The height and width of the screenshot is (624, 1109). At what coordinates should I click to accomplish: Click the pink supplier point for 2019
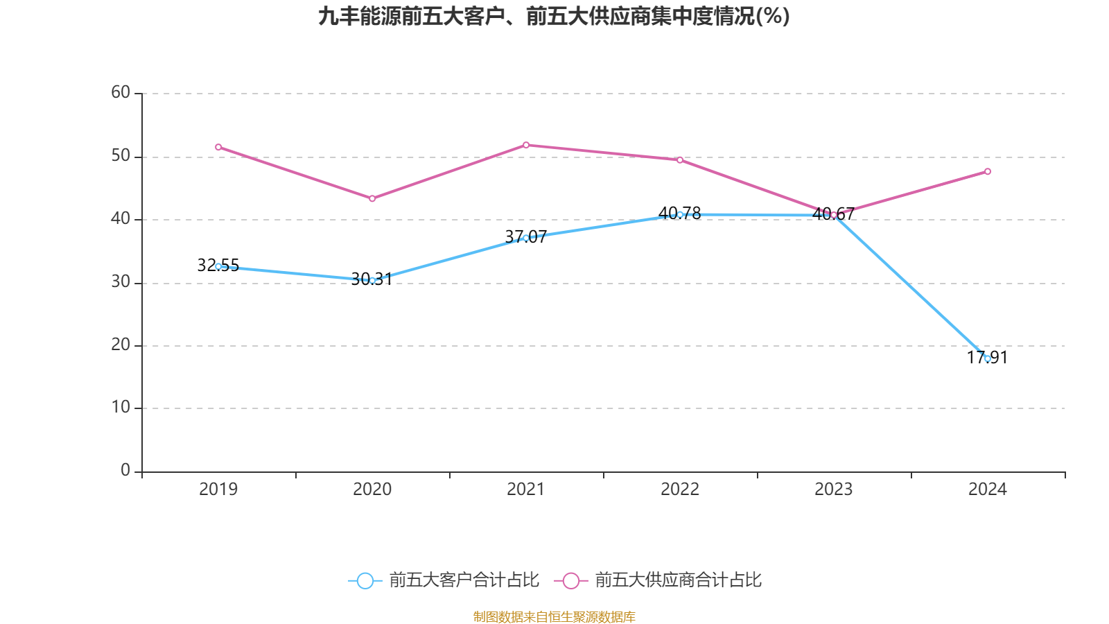click(x=218, y=147)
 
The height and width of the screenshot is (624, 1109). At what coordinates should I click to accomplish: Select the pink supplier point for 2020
click(x=372, y=199)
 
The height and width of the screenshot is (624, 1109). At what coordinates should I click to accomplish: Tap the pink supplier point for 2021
click(x=526, y=145)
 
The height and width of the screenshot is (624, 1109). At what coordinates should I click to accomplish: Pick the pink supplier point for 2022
click(x=680, y=160)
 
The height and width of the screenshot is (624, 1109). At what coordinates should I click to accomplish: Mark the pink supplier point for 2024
click(x=988, y=172)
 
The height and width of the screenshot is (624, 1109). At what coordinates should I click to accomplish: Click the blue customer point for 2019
click(x=218, y=266)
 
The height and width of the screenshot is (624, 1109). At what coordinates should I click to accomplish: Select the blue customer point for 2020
click(x=372, y=281)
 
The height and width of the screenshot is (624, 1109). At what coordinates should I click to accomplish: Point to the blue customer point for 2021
click(x=526, y=238)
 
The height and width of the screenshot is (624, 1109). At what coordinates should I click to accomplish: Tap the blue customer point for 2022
click(x=680, y=214)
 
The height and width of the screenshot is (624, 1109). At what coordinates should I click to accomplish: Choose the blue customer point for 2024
click(x=988, y=358)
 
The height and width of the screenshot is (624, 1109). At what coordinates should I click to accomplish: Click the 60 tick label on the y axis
click(x=121, y=92)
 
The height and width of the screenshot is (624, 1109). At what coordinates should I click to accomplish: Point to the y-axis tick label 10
click(x=121, y=408)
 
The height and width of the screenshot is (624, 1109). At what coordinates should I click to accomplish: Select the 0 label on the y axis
click(x=125, y=470)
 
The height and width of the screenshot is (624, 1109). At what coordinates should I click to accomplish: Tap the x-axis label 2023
click(x=834, y=489)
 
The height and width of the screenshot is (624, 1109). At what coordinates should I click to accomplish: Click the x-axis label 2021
click(x=526, y=489)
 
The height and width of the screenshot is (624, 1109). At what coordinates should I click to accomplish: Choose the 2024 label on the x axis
click(x=988, y=489)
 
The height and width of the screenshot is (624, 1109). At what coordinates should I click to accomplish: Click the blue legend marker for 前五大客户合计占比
click(x=365, y=581)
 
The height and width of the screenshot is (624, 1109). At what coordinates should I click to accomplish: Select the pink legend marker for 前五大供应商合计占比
click(x=571, y=581)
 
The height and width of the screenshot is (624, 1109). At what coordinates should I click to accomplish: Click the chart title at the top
click(x=554, y=17)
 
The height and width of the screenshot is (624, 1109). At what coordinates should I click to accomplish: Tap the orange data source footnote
click(x=554, y=616)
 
